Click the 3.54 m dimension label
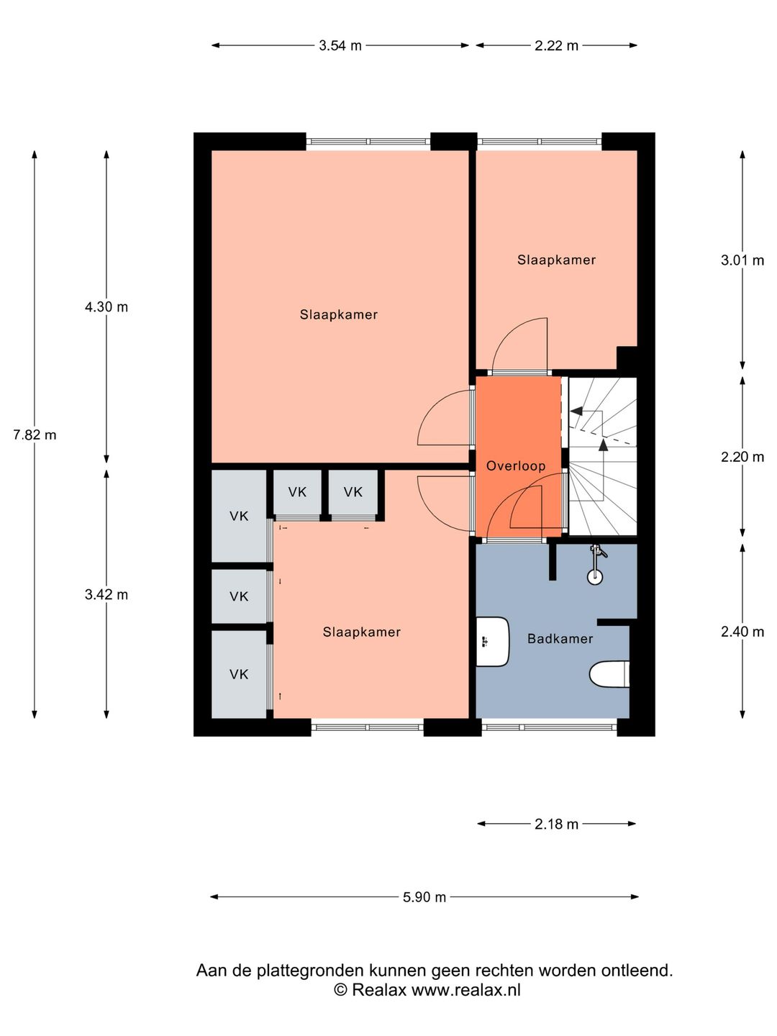[x=340, y=45]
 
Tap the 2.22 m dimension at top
[x=556, y=45]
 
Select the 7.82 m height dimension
[x=35, y=435]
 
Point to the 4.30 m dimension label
[x=106, y=306]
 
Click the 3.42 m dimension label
[x=106, y=594]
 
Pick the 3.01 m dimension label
[x=742, y=260]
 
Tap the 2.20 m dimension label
[x=742, y=457]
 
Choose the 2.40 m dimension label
[x=742, y=632]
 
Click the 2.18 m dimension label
[x=556, y=824]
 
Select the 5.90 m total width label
[x=424, y=897]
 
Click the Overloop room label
[x=516, y=465]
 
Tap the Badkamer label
[x=560, y=638]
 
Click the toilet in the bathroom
[x=609, y=674]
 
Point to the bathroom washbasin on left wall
[x=492, y=641]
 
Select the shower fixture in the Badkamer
[x=596, y=564]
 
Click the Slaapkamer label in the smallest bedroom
[x=556, y=260]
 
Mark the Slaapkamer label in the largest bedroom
[x=339, y=314]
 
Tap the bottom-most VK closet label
[x=239, y=674]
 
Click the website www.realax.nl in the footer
[x=465, y=990]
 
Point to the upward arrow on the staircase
[x=603, y=446]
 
